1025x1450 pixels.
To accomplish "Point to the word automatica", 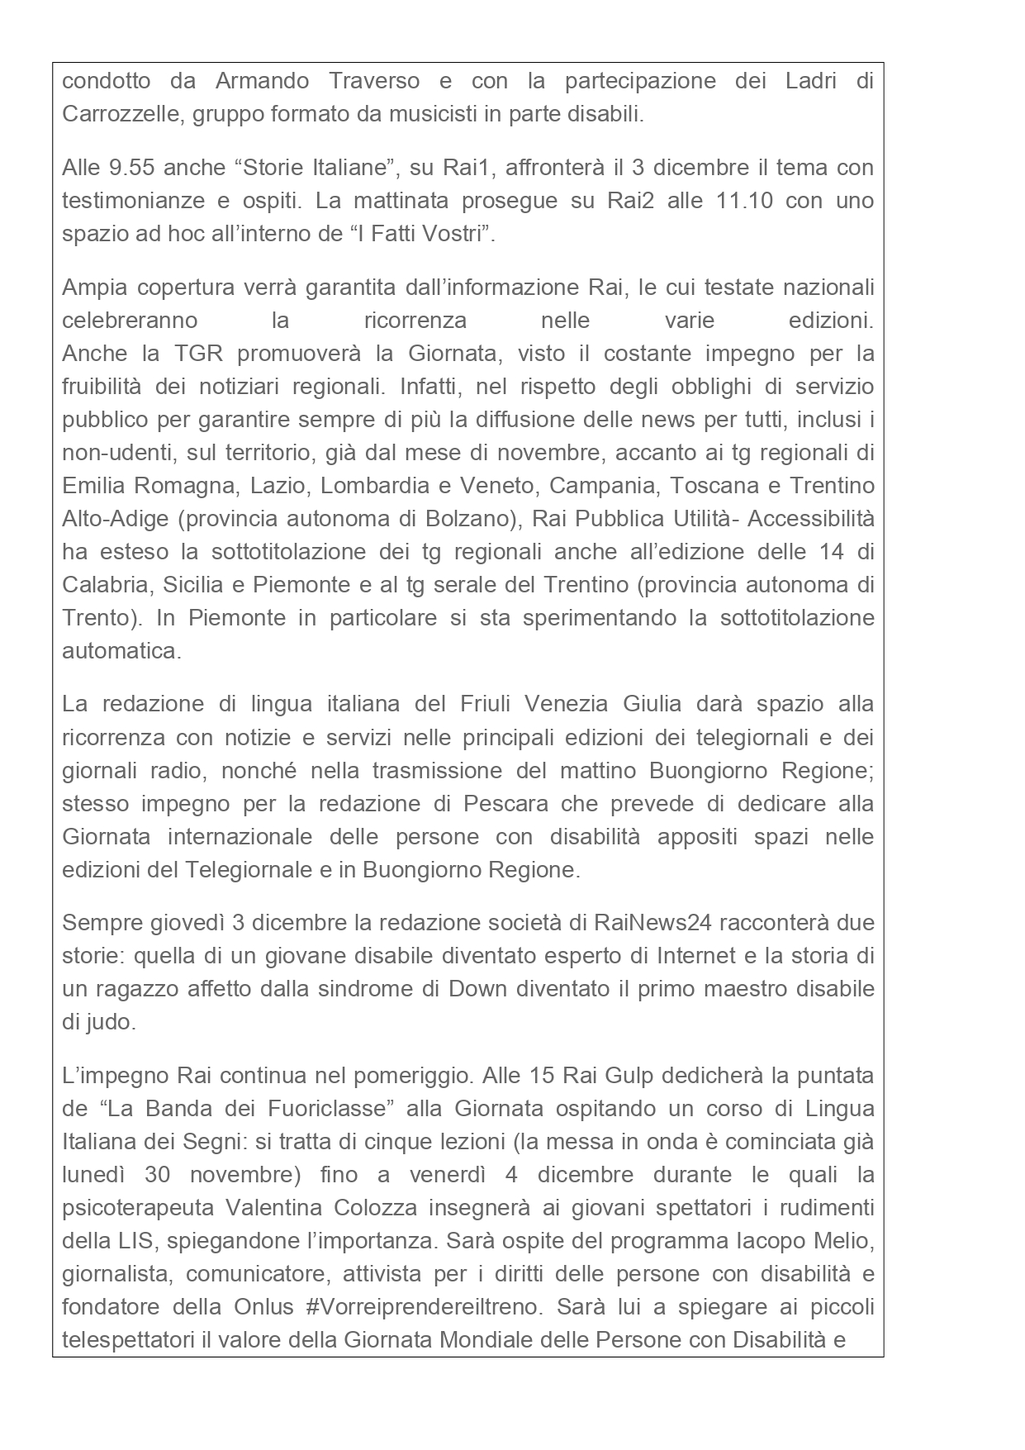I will (x=121, y=651).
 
